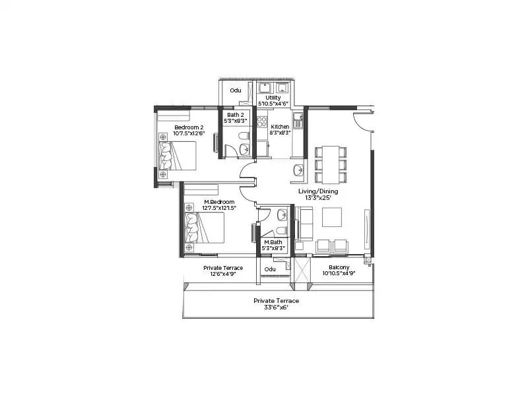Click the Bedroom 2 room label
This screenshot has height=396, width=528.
pos(188,127)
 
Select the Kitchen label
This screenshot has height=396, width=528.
pos(280,126)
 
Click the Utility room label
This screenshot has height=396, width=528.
pos(273,98)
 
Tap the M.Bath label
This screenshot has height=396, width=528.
pos(273,242)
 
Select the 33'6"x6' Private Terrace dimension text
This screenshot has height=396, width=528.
pos(276,308)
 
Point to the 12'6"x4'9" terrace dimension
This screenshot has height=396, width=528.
pos(222,275)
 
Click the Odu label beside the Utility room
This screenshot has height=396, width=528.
pos(236,91)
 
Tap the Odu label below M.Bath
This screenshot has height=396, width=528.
pos(270,269)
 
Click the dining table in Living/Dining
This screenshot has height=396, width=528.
pos(328,164)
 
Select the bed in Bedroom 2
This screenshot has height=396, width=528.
pos(178,158)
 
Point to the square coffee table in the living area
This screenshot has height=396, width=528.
pos(332,217)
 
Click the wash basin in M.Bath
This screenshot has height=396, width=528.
pos(282,214)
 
